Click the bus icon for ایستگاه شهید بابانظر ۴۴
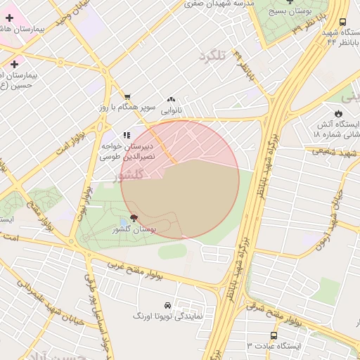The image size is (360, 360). pyautogui.click(x=342, y=22)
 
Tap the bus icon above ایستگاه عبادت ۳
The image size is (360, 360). pyautogui.click(x=274, y=335)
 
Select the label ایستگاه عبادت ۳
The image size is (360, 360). pyautogui.click(x=274, y=346)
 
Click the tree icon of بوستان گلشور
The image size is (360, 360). pyautogui.click(x=134, y=219)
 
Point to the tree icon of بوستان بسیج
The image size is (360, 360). pyautogui.click(x=290, y=1)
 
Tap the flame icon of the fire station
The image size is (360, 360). pyautogui.click(x=338, y=113)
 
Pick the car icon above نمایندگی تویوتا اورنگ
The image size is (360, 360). pyautogui.click(x=167, y=306)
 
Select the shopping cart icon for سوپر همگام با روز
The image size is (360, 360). pyautogui.click(x=127, y=97)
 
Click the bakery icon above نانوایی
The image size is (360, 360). pyautogui.click(x=172, y=100)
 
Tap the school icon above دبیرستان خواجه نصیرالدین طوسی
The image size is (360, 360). pyautogui.click(x=127, y=134)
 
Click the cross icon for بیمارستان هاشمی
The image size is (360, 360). pyautogui.click(x=9, y=17)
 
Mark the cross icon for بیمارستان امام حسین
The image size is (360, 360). pyautogui.click(x=13, y=64)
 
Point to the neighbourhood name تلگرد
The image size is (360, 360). pyautogui.click(x=215, y=56)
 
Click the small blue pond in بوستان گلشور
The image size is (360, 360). pyautogui.click(x=124, y=222)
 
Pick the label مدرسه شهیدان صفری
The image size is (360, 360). pyautogui.click(x=219, y=4)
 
